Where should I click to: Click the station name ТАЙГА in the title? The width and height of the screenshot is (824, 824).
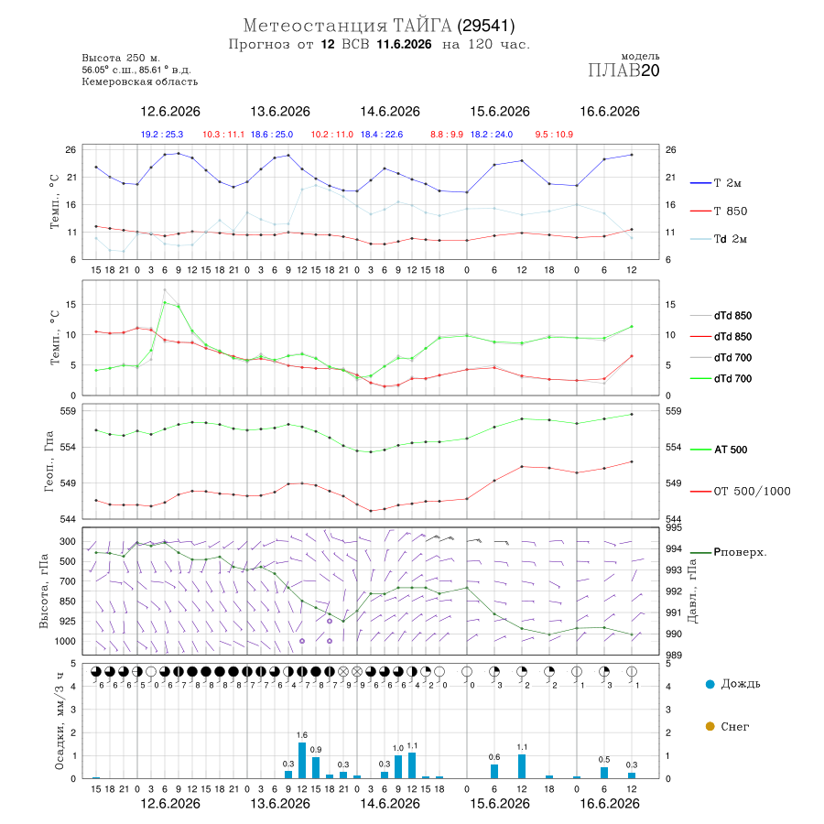coord(422,25)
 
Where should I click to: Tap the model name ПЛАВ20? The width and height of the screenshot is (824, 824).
coord(623,70)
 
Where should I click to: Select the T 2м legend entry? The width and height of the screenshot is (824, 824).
coord(716,183)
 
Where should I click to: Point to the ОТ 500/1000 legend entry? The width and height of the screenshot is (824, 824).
coord(740,492)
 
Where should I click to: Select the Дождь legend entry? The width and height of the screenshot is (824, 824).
coord(733,684)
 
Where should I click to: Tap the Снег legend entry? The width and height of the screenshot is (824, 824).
coord(727,726)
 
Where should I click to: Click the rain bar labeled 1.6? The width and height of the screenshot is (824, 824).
coord(302,761)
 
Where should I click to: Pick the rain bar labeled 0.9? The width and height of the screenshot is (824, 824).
coord(316,768)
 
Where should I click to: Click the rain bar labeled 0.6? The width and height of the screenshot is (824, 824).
coord(494,772)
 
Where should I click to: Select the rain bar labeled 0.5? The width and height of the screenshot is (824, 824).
coord(604,773)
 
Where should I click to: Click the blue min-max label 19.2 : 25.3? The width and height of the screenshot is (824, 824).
coord(162,135)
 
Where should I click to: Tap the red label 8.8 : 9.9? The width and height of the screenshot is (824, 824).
coord(447,135)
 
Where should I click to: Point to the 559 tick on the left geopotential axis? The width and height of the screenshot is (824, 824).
coord(69,411)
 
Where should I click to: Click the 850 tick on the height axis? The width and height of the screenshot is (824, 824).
coord(67,602)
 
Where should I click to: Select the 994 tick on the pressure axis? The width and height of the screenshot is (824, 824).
coord(673,548)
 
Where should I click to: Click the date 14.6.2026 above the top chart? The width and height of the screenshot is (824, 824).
coord(390,112)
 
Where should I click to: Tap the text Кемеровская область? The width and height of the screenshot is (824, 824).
coord(140,81)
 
